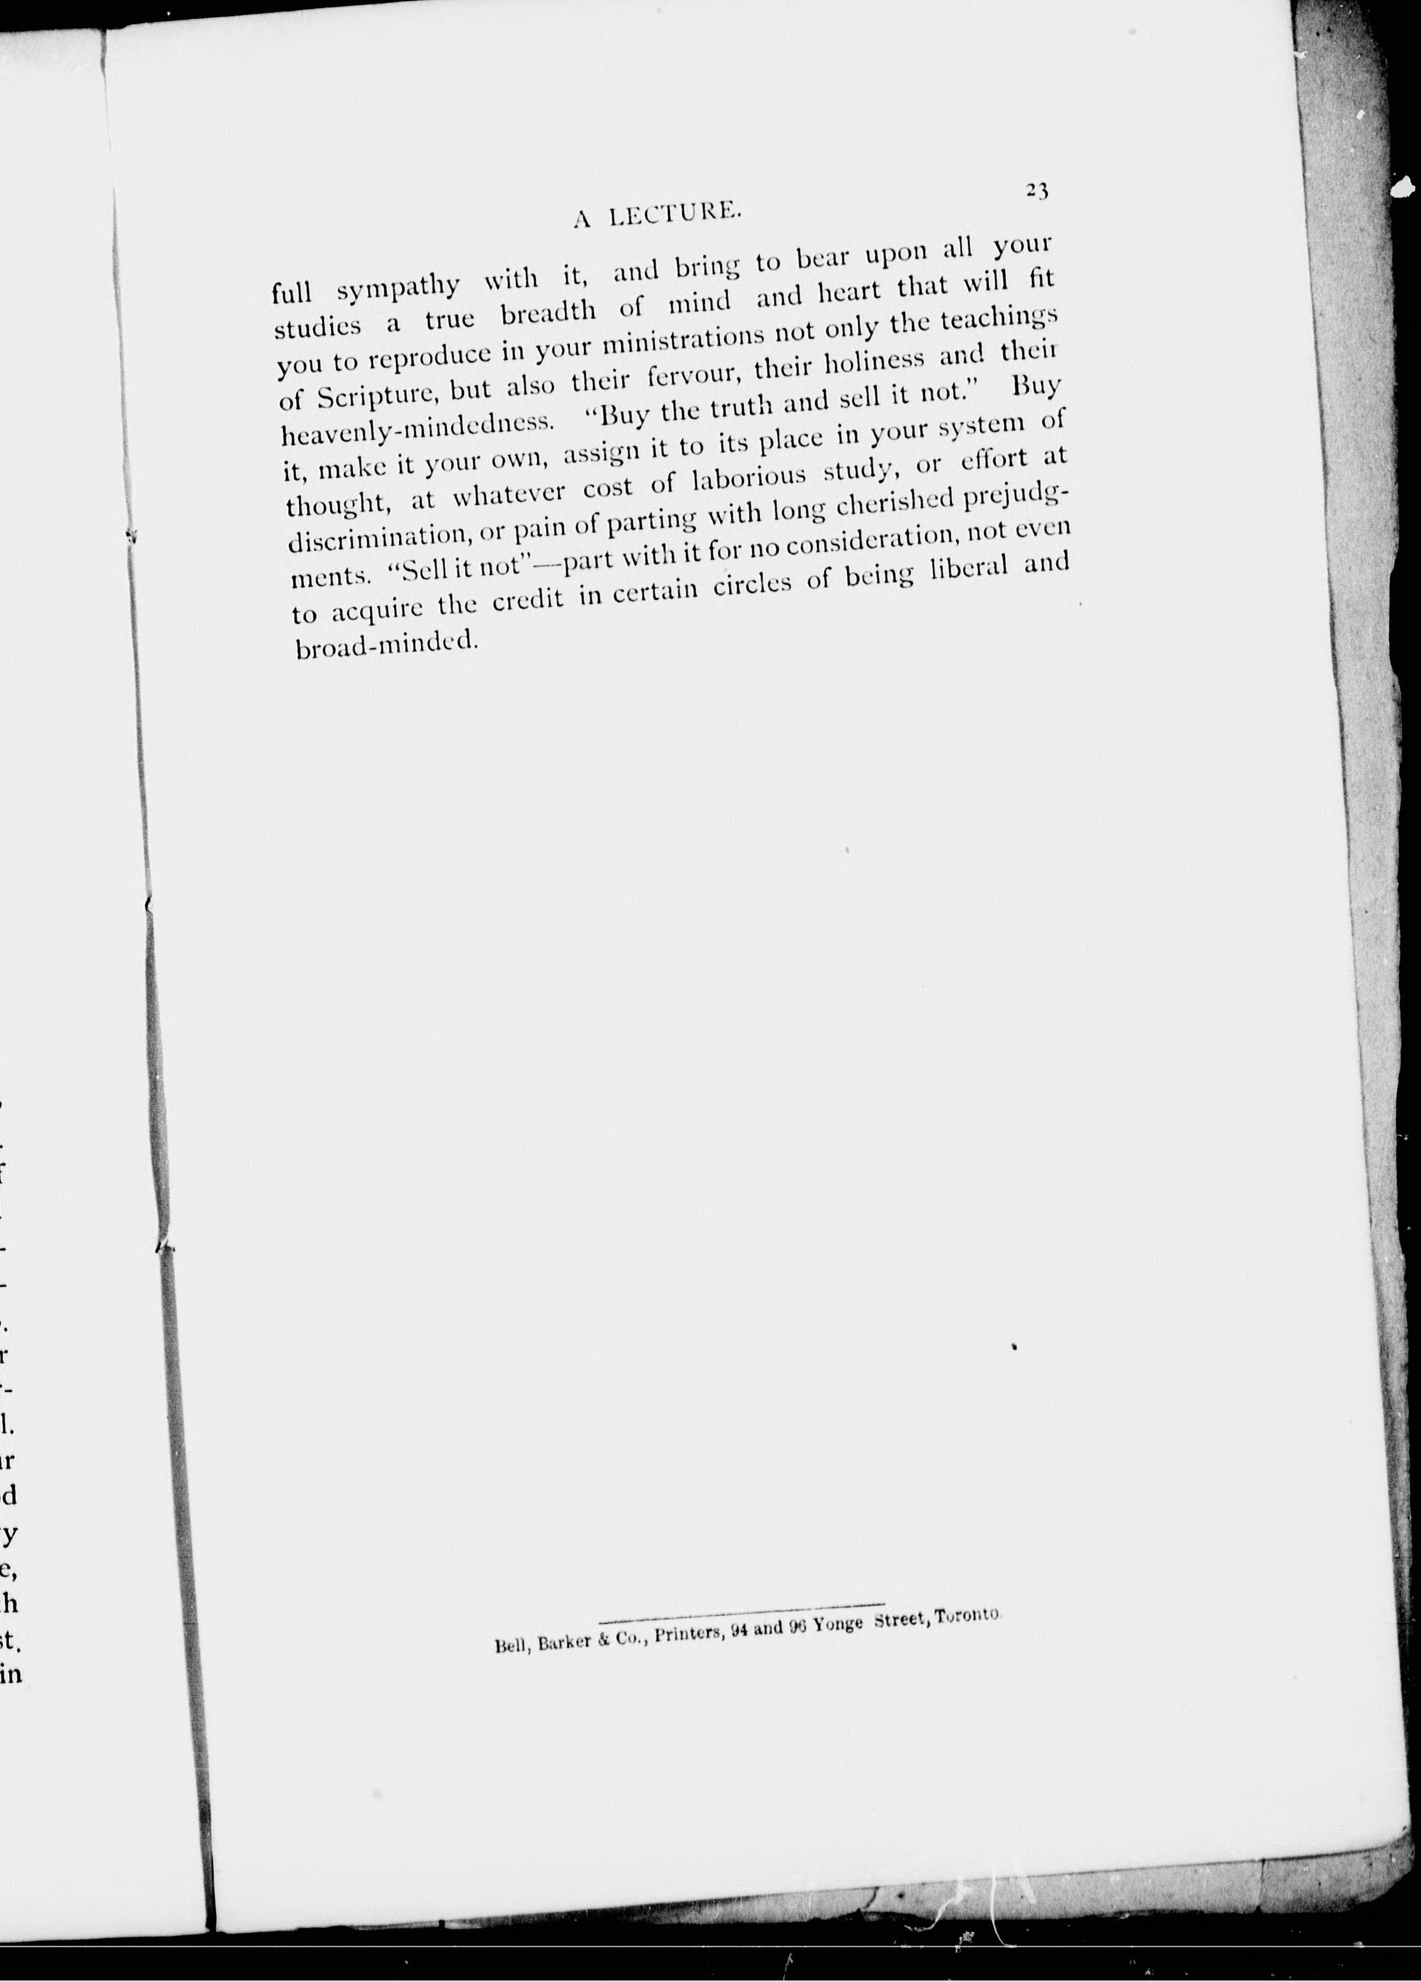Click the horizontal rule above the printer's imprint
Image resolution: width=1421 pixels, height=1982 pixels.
743,1604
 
